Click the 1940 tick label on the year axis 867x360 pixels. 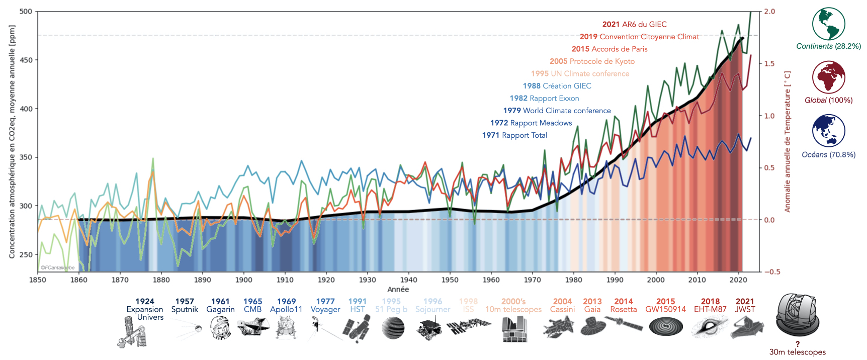coord(408,280)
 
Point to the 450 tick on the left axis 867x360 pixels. coord(26,60)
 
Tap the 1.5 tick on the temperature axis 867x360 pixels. coord(769,64)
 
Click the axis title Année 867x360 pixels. coord(398,290)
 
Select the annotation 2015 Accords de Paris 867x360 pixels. coord(610,49)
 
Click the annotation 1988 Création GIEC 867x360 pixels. coord(557,86)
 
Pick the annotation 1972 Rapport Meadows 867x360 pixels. coord(531,123)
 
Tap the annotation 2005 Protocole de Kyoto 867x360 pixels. coord(592,61)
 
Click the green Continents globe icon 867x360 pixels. coord(828,24)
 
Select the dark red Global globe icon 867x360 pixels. coord(828,77)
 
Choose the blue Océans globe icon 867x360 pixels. coord(828,131)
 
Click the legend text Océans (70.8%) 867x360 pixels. coord(828,155)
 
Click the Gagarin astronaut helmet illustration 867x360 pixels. coord(220,328)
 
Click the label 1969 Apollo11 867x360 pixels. coord(286,305)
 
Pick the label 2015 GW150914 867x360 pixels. coord(665,305)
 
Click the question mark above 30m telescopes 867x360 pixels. coord(798,344)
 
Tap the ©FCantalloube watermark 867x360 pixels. coord(57,267)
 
